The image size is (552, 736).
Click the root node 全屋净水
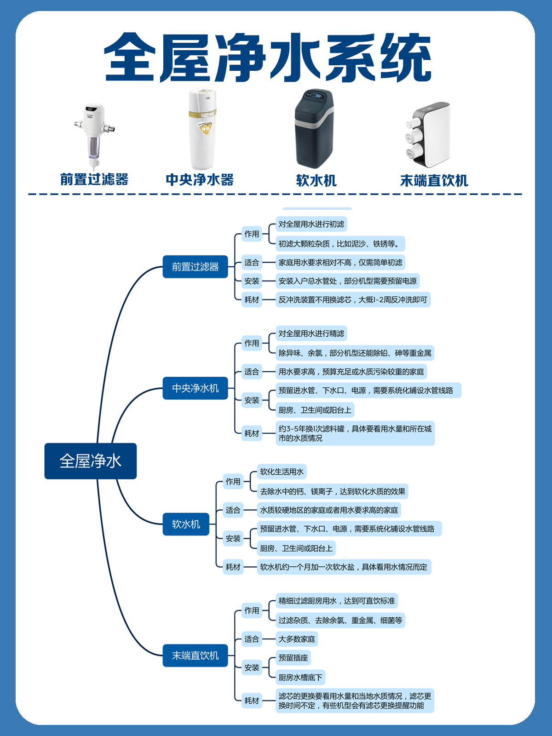coord(90,461)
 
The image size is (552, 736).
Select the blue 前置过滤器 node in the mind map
coord(195,267)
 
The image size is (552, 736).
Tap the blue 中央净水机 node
coord(195,388)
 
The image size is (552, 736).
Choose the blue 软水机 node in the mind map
coord(186,524)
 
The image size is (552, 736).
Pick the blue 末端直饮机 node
coord(195,655)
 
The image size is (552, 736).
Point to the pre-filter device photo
coord(94,136)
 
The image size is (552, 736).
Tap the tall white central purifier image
coord(202,129)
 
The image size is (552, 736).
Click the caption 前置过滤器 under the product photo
coord(94,179)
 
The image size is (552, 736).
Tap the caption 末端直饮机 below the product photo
coord(434,181)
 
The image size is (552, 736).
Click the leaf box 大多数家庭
coord(297,639)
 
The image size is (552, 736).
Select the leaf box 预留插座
coord(293,658)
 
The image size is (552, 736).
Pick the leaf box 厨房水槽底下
coord(300,677)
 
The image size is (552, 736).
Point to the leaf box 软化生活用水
coord(282,471)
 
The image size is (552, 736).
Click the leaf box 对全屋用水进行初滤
coord(311,224)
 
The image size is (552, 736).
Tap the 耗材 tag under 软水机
coord(233,567)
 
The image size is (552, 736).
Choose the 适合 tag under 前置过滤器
coord(252,263)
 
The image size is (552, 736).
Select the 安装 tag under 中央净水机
coord(252,400)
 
